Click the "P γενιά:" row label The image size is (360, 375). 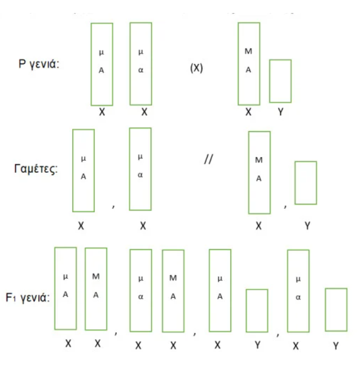[x=39, y=63]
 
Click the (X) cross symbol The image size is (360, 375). [x=197, y=70]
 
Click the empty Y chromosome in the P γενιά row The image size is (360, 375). [x=280, y=80]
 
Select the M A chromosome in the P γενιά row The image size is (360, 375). [x=249, y=63]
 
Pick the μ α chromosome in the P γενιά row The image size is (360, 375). [x=141, y=63]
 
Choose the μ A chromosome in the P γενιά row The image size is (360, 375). [x=102, y=63]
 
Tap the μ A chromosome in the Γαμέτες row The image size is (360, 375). [x=84, y=170]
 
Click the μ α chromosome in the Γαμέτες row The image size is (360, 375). [x=141, y=169]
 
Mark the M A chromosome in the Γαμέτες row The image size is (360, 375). [x=259, y=172]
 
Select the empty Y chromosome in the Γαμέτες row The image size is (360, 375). [x=306, y=182]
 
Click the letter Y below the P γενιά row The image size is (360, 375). [x=280, y=112]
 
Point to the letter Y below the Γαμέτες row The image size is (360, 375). [x=308, y=225]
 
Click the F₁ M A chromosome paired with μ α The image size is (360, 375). [x=173, y=290]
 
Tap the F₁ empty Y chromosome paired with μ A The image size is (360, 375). [x=257, y=310]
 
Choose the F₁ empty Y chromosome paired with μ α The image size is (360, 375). [x=336, y=309]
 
